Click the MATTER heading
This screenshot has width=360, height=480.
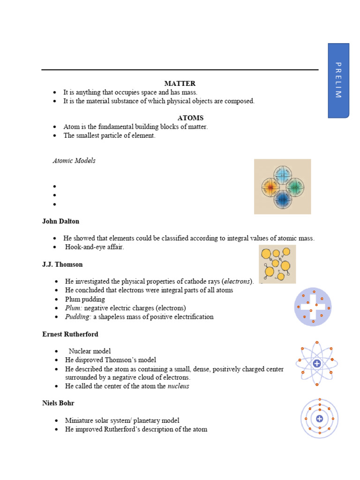click(x=180, y=83)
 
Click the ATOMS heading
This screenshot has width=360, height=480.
click(x=190, y=118)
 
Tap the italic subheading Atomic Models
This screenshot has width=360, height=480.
click(x=74, y=161)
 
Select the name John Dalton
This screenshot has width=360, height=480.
click(x=61, y=221)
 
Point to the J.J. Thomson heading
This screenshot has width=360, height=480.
click(x=62, y=264)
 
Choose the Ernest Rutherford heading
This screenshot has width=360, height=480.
click(x=70, y=334)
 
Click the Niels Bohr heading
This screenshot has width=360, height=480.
click(x=58, y=403)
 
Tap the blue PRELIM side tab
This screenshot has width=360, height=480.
click(x=338, y=80)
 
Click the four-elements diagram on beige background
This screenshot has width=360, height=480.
click(x=282, y=187)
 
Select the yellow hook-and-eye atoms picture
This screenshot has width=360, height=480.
click(x=277, y=264)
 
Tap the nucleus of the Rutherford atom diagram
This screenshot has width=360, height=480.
click(x=317, y=363)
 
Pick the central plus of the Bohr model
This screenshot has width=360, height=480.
click(x=320, y=419)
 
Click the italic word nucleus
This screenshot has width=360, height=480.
click(x=179, y=386)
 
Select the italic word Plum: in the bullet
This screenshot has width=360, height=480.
click(x=74, y=308)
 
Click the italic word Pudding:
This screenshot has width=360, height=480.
click(x=78, y=317)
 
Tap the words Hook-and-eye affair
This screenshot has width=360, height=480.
click(x=95, y=247)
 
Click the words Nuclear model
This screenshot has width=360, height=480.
click(x=90, y=351)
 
